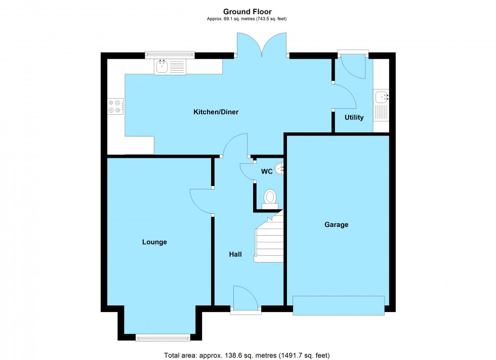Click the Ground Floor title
click(x=247, y=11)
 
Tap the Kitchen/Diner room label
click(x=216, y=112)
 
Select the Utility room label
click(x=354, y=117)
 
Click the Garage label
click(x=336, y=224)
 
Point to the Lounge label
click(x=154, y=242)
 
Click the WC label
click(x=267, y=171)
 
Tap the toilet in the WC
click(x=270, y=198)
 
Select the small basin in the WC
click(x=279, y=169)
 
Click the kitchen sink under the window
click(x=171, y=66)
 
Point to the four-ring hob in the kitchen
click(x=114, y=105)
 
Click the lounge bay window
click(x=162, y=337)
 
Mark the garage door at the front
click(x=338, y=305)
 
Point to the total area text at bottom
click(x=247, y=355)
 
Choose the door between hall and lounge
click(x=201, y=201)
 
